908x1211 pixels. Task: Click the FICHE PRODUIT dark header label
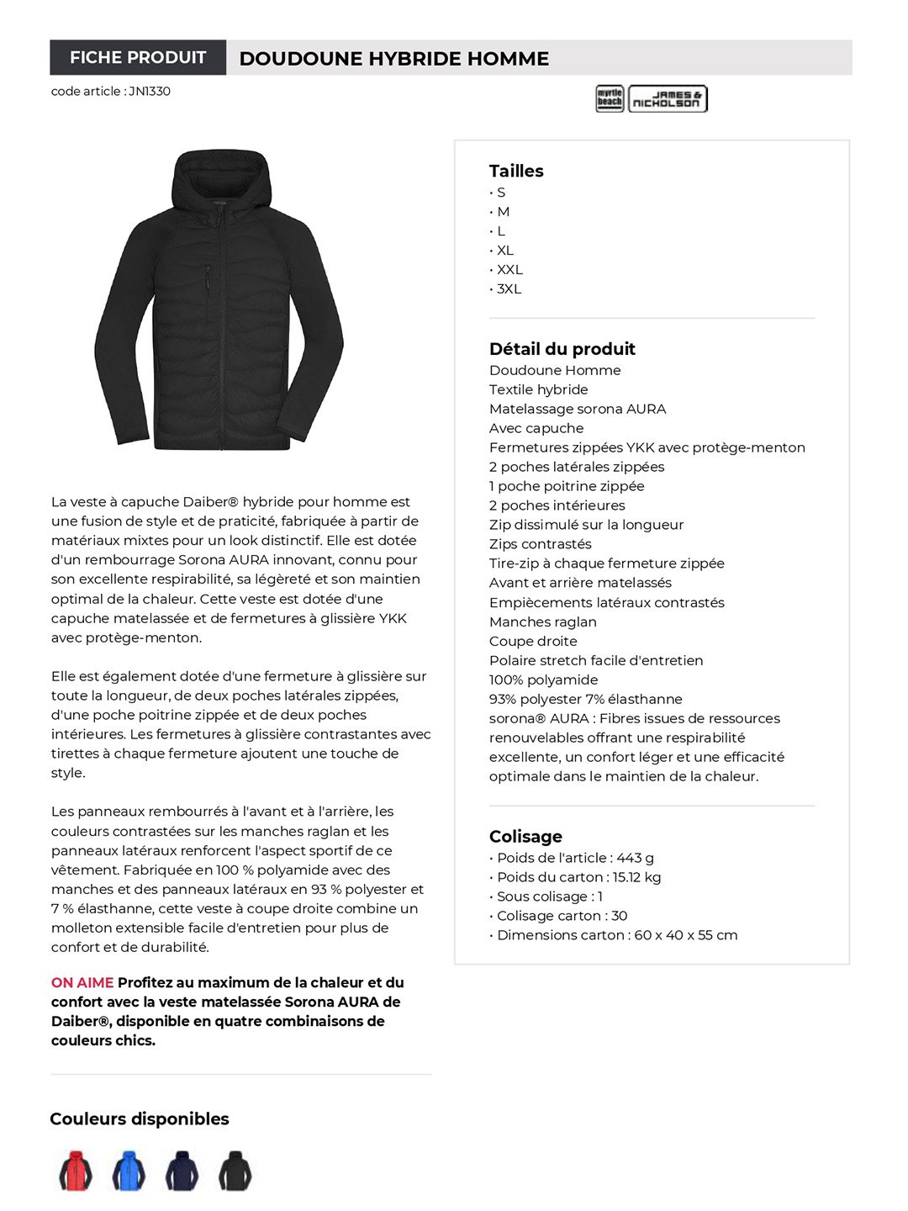[x=138, y=57]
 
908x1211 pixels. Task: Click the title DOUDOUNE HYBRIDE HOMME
[x=393, y=59]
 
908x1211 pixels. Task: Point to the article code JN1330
[x=150, y=91]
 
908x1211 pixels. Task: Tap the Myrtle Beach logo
[x=610, y=98]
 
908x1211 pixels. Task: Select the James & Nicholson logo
[x=668, y=98]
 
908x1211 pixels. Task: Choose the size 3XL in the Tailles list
[x=509, y=288]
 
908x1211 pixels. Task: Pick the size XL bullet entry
[x=504, y=250]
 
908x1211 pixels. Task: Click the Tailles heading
[x=516, y=171]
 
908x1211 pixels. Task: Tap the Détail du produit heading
[x=562, y=349]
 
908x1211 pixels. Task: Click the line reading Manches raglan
[x=542, y=621]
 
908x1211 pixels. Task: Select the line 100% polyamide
[x=543, y=680]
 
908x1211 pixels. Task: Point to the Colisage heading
[x=525, y=836]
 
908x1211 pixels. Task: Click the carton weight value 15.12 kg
[x=636, y=877]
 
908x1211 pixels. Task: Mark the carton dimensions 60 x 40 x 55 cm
[x=685, y=935]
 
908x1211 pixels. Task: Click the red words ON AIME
[x=82, y=982]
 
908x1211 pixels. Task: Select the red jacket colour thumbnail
[x=76, y=1171]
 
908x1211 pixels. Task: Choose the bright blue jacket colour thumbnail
[x=129, y=1171]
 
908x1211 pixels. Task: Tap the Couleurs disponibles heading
[x=140, y=1118]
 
